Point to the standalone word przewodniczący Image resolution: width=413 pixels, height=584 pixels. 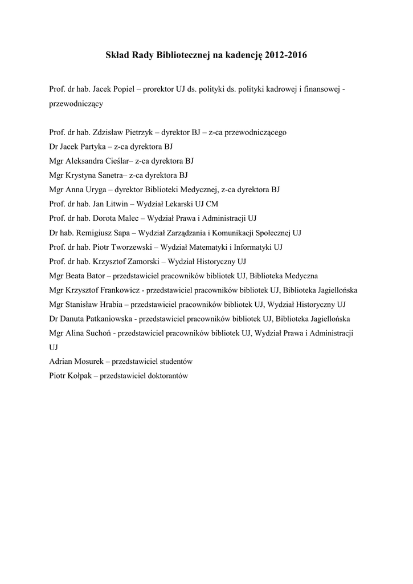76,104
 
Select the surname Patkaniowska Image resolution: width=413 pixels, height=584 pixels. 109,319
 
